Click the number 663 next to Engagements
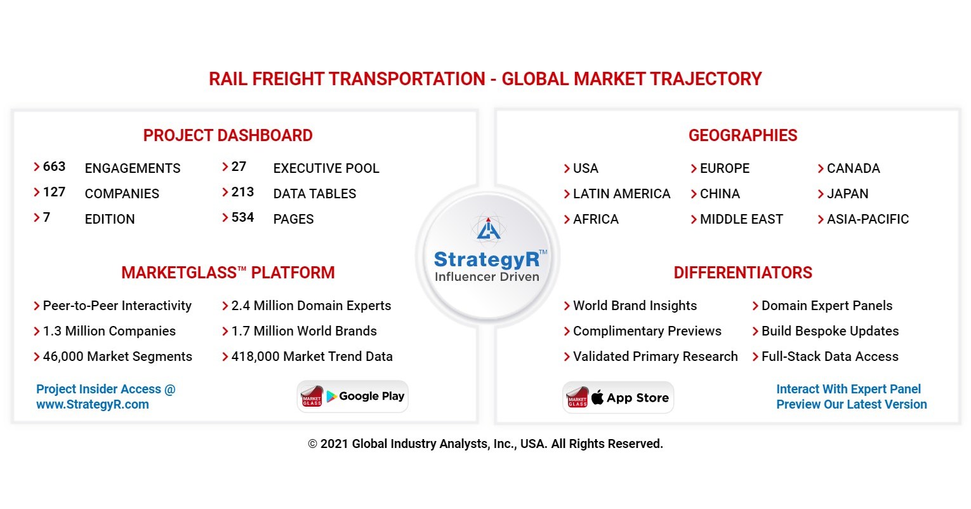54,166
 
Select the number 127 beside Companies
54,192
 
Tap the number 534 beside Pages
242,217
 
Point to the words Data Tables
314,194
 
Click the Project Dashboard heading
228,135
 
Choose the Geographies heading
743,135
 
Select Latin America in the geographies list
621,194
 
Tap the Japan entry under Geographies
847,194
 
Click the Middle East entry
741,219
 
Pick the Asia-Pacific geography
867,219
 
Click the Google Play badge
353,397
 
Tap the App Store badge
618,398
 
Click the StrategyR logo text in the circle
487,259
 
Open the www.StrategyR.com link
93,404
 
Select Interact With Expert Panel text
848,389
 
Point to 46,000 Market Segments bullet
117,356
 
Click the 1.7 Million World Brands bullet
303,331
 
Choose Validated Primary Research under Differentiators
654,356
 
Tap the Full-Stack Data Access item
829,356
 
